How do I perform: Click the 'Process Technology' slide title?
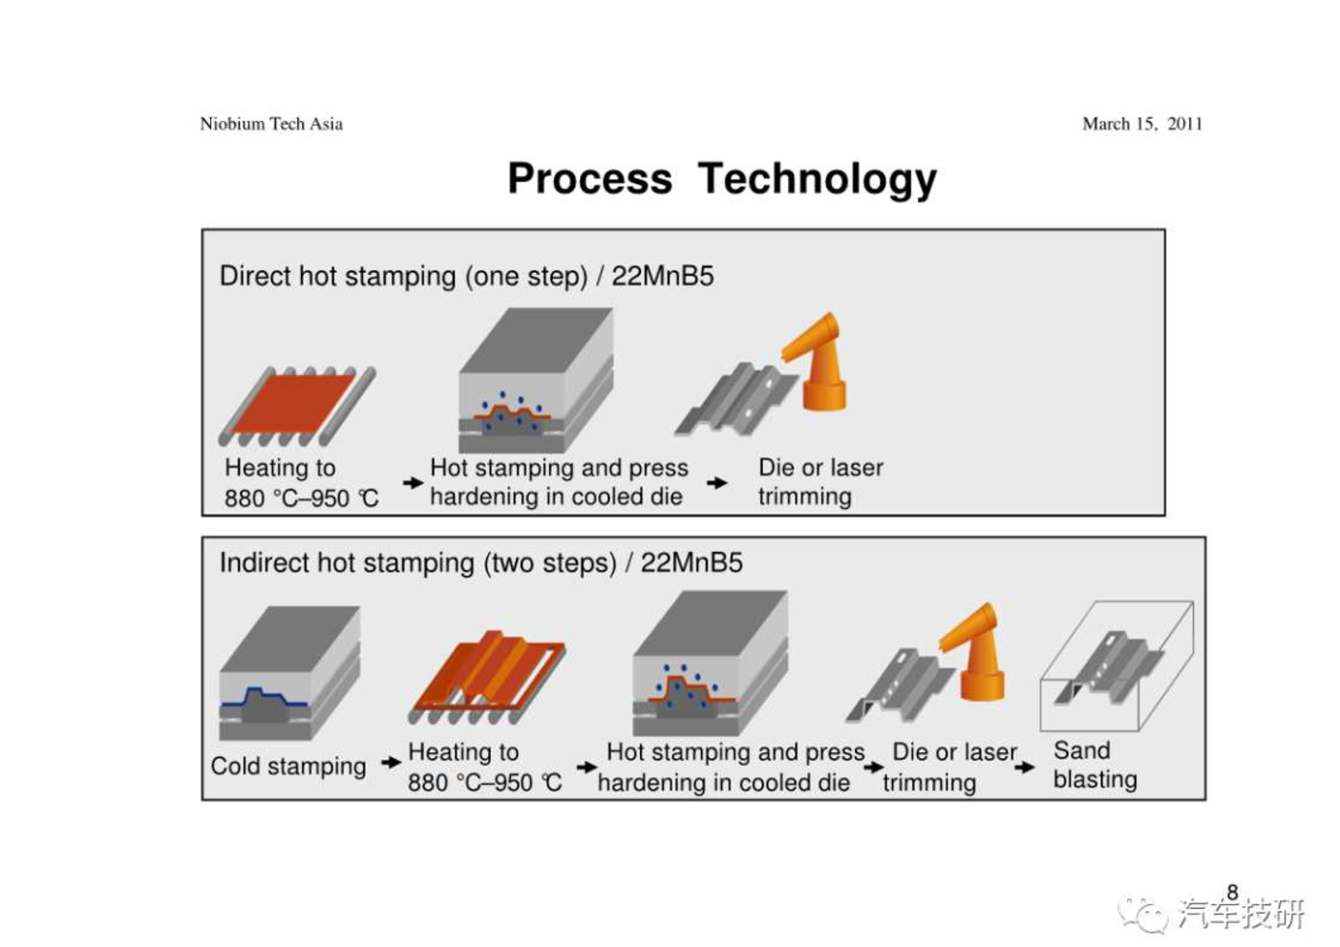(722, 179)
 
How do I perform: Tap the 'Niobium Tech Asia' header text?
(271, 124)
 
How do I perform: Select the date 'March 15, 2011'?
(1142, 124)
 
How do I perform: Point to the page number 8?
(1232, 892)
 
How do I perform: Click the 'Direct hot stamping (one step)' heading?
(404, 276)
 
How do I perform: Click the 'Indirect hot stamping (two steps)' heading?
(418, 563)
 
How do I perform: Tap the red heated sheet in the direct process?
(293, 404)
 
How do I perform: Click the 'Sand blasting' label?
(1095, 766)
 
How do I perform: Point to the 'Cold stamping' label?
(288, 767)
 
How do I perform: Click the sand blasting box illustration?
(1117, 666)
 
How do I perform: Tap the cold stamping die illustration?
(289, 673)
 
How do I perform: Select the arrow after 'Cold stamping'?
(391, 762)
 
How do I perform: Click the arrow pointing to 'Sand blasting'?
(1025, 767)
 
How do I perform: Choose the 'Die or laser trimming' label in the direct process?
(820, 482)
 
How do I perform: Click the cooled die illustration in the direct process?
(536, 380)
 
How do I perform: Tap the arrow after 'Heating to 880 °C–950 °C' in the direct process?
(413, 482)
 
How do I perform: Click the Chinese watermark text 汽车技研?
(1243, 915)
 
